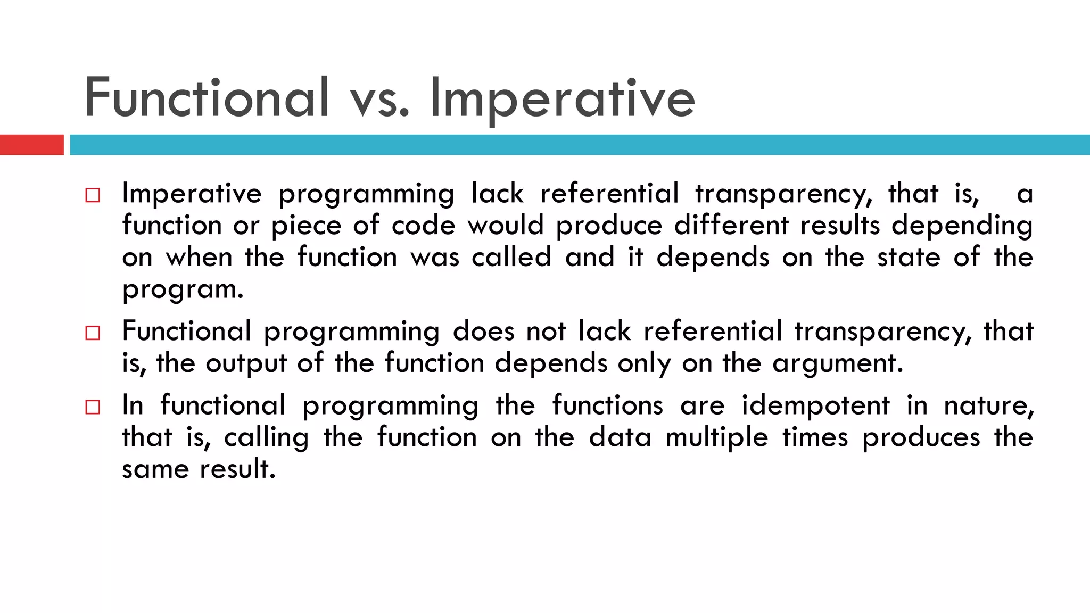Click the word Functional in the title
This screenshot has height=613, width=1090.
(x=207, y=98)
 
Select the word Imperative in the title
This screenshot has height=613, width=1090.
(x=561, y=99)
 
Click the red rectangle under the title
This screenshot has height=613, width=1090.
(x=31, y=145)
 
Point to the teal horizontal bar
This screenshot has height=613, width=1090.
(x=580, y=145)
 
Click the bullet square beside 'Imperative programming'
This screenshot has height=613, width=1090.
(x=93, y=195)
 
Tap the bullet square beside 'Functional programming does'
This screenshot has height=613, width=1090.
(x=93, y=333)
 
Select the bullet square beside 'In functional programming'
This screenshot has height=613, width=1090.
(x=93, y=408)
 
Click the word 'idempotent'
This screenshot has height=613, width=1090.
(x=815, y=406)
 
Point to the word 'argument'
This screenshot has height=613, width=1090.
(x=837, y=364)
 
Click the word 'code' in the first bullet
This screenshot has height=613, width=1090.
(x=423, y=226)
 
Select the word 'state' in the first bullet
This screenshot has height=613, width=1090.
(x=909, y=258)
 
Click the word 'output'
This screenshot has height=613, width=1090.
(x=246, y=365)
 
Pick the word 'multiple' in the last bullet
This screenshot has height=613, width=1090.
(x=717, y=438)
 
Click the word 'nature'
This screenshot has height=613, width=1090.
(x=988, y=406)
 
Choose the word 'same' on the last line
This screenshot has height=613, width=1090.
(x=155, y=470)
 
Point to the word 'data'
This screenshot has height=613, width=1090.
(x=620, y=438)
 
